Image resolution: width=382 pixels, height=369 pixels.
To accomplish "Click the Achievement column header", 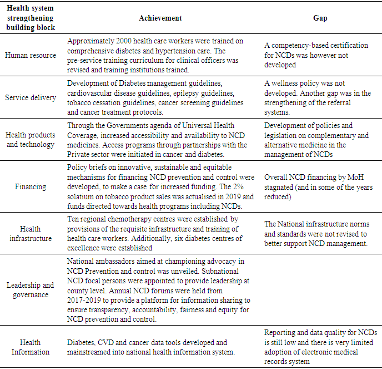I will point(160,18).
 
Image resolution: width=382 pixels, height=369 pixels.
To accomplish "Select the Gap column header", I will point(320,18).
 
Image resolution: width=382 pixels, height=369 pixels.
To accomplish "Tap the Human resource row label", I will point(31,56).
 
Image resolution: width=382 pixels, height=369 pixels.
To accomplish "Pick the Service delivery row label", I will point(31,97).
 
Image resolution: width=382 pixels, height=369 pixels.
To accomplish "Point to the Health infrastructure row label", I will point(31,234).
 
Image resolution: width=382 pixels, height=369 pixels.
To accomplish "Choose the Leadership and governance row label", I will point(31,290).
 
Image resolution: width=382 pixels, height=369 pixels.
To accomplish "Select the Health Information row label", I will point(31,347).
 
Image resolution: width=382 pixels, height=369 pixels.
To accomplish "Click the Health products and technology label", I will point(31,140).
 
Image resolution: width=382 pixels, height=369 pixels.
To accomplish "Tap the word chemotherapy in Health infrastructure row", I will point(128,220).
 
